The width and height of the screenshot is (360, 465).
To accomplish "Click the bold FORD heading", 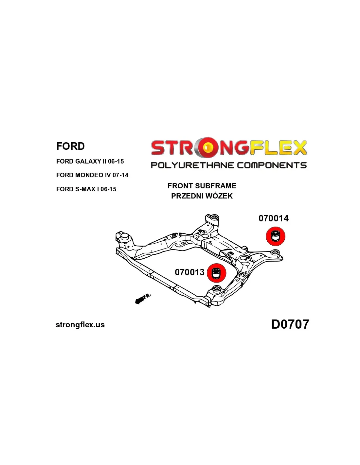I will (x=70, y=146).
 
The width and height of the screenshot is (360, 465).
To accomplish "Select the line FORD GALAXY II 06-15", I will (x=90, y=161).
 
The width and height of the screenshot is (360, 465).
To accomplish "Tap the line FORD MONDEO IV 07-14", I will (x=92, y=175).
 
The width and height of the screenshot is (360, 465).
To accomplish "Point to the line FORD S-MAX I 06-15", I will (x=86, y=189).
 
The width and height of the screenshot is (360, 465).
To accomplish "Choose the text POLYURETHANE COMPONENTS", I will (x=229, y=165).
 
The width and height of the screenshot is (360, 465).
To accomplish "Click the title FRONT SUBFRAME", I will (x=202, y=186).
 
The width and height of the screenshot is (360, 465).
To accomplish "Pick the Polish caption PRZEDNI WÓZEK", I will (x=202, y=196).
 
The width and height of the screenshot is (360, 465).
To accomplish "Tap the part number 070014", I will (x=274, y=218).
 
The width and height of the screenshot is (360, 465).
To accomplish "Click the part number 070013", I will (x=189, y=272).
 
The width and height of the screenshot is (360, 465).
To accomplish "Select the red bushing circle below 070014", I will (x=276, y=236).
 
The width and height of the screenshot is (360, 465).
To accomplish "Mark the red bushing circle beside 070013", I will (x=216, y=273).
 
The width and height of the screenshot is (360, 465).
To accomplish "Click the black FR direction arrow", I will (x=140, y=300).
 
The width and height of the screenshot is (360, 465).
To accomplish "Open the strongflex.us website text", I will (x=80, y=325).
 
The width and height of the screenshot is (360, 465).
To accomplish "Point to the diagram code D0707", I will (x=290, y=324).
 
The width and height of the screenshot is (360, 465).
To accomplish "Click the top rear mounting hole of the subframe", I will (x=214, y=217).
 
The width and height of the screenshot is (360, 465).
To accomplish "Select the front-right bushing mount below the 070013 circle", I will (x=216, y=289).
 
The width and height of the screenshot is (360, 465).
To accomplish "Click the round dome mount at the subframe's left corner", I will (x=124, y=236).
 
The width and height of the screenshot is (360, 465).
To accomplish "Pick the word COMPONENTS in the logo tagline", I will (x=272, y=165).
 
